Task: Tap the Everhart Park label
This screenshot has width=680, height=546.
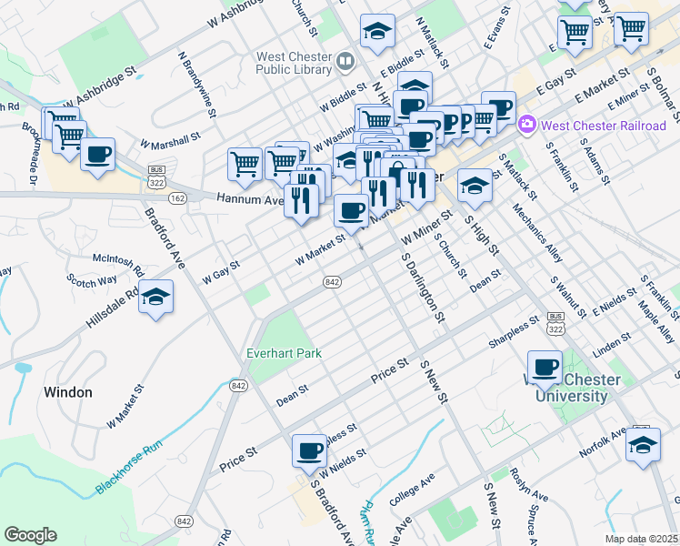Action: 284,352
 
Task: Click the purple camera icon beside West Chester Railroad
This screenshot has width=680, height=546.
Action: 525,125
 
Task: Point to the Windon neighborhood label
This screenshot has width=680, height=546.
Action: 68,392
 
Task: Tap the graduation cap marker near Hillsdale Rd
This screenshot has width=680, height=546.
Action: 156,298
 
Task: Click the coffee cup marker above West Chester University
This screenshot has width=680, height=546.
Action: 545,367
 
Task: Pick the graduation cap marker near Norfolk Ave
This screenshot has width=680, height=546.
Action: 644,445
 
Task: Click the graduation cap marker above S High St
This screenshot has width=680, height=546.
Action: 475,187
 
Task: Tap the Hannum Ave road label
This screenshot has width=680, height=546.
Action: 245,198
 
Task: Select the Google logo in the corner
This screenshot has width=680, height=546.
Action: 30,535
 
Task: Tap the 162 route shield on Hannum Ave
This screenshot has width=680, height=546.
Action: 177,197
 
